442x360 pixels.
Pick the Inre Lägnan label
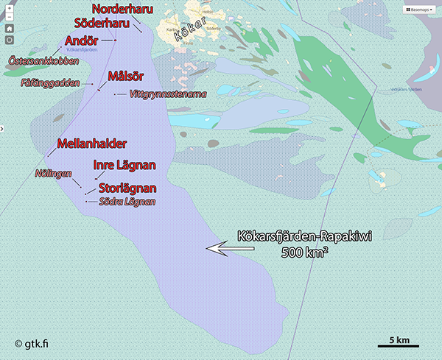coord(123,166)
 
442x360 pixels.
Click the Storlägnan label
coord(127,188)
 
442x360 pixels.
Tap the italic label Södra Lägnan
coord(127,201)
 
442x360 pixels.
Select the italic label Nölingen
coord(53,174)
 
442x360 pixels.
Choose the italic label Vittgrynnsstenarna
coord(167,94)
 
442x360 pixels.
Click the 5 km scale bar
coord(398,345)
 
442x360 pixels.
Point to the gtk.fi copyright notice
coord(36,343)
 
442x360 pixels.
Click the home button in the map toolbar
coord(10,29)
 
